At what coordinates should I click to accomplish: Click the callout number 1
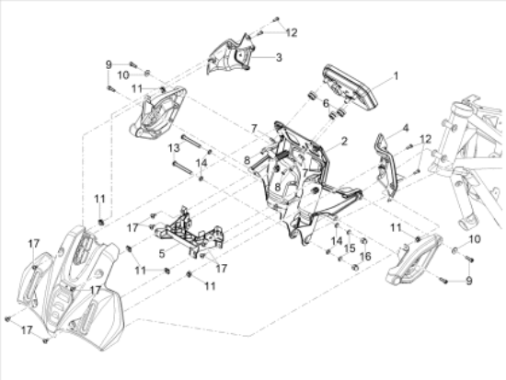click(397, 76)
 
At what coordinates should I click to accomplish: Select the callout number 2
click(343, 142)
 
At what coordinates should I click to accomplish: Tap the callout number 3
click(279, 57)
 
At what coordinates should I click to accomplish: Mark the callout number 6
click(325, 103)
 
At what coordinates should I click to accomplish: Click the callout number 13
click(173, 147)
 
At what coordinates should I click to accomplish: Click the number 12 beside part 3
click(292, 32)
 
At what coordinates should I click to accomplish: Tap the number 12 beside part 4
click(424, 138)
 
